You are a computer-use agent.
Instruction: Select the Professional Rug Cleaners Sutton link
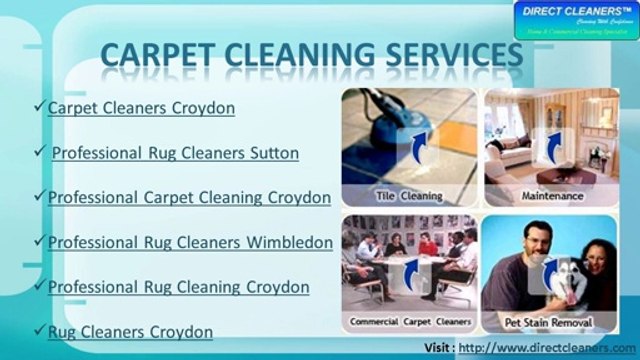(175, 153)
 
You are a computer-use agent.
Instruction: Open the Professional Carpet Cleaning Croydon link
(189, 197)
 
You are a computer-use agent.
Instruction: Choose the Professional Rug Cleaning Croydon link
(178, 287)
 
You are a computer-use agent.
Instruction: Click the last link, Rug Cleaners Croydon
(130, 331)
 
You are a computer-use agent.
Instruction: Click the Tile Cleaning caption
(409, 195)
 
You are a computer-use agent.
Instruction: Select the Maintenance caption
(551, 195)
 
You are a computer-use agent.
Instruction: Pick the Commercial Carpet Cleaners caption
(408, 322)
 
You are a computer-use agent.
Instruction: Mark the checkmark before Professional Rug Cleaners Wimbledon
(40, 242)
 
